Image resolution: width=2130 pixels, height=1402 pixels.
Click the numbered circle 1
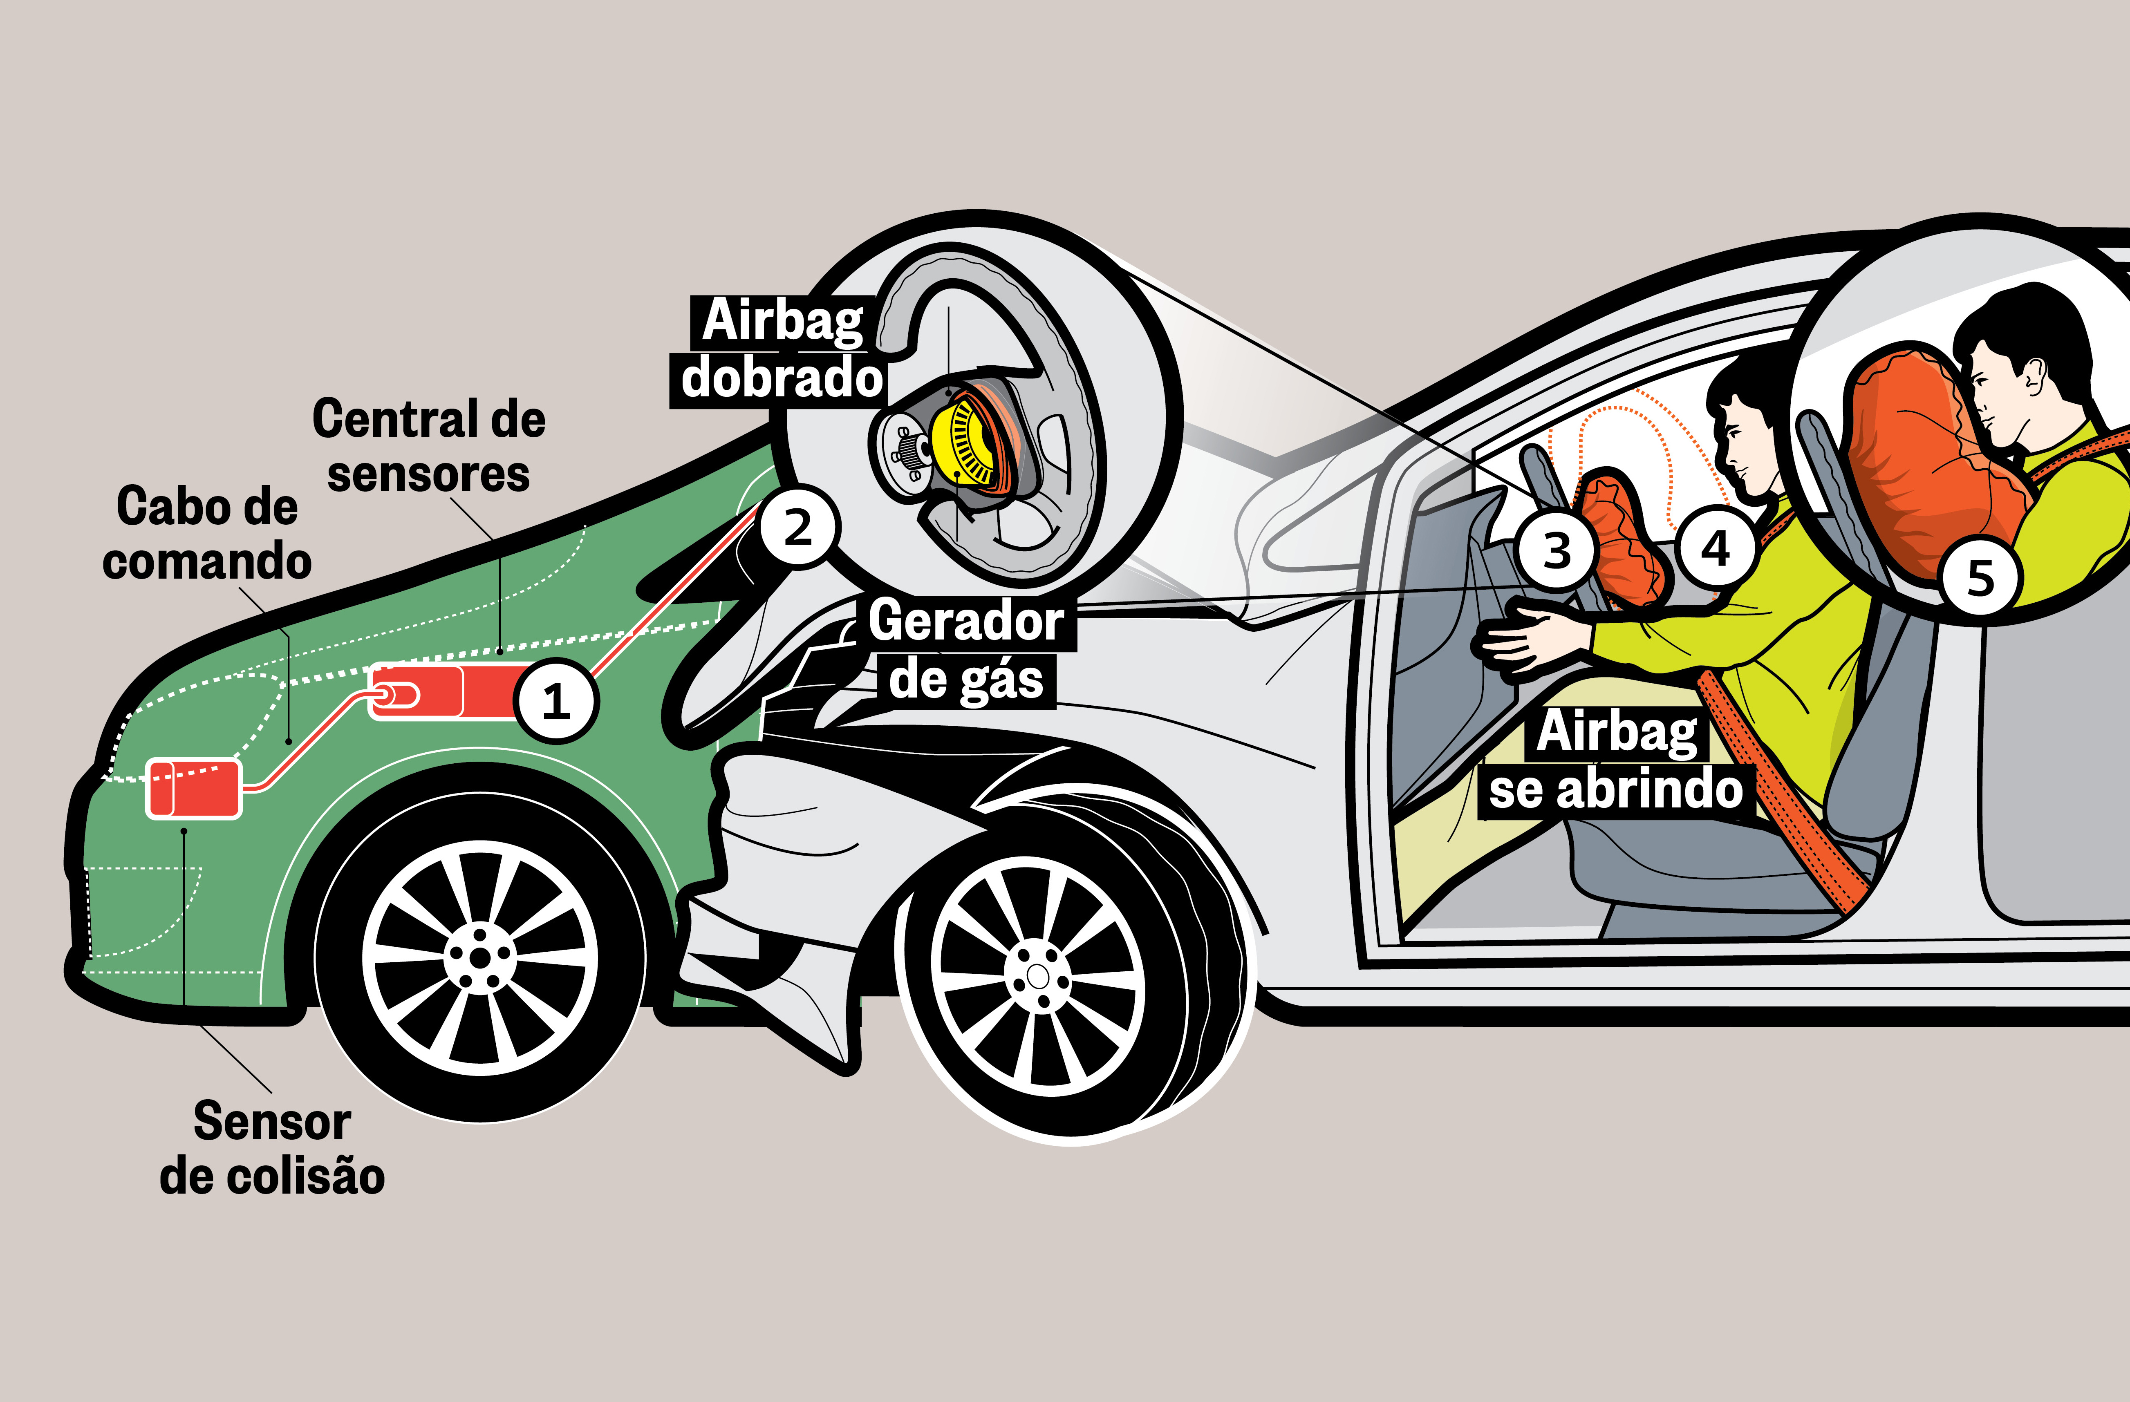pyautogui.click(x=556, y=700)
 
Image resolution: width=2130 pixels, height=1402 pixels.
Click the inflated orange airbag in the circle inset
pyautogui.click(x=1915, y=465)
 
